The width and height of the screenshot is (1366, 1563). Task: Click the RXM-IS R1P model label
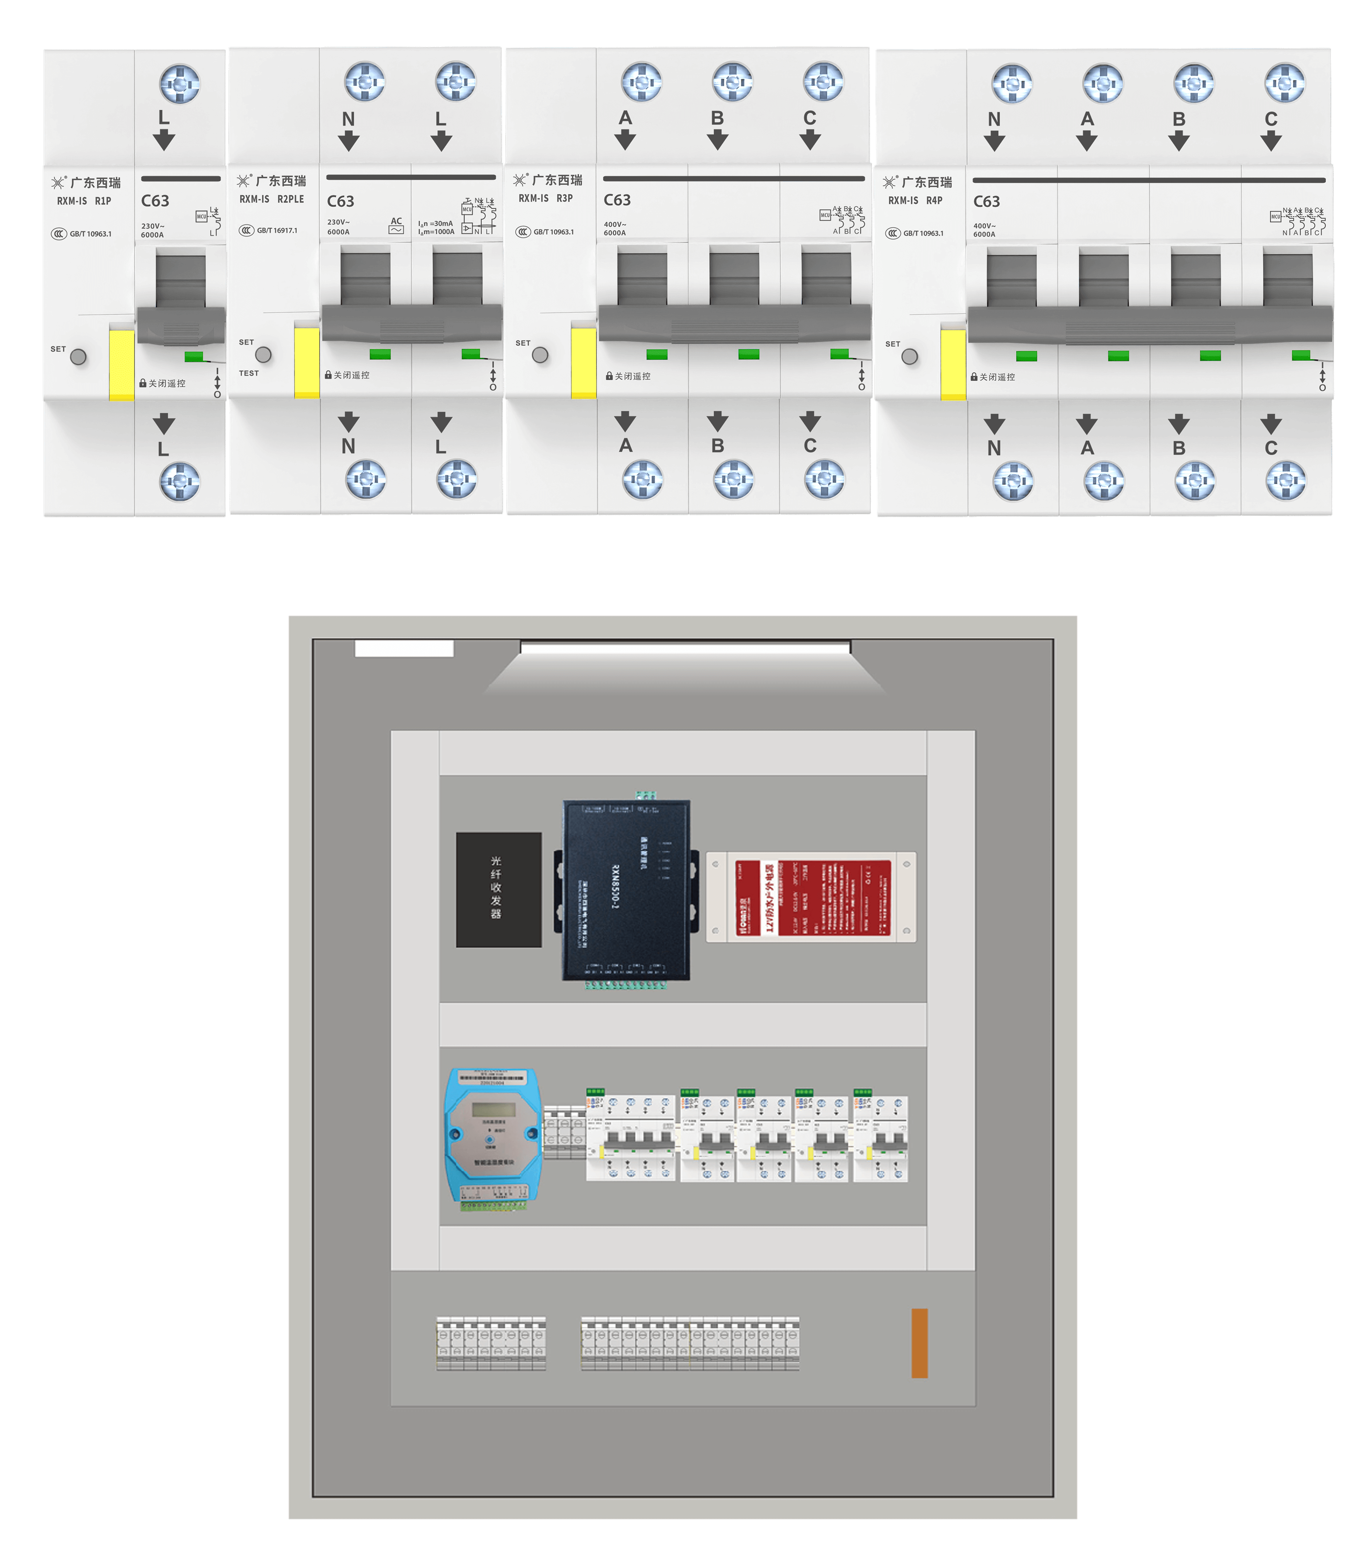(x=84, y=201)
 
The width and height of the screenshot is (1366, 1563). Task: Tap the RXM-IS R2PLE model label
(x=271, y=199)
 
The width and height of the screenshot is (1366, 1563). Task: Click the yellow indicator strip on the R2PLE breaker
(x=306, y=362)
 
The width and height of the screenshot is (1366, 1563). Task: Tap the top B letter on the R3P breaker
(x=717, y=118)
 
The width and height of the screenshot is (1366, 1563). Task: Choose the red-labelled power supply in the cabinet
(x=811, y=897)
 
